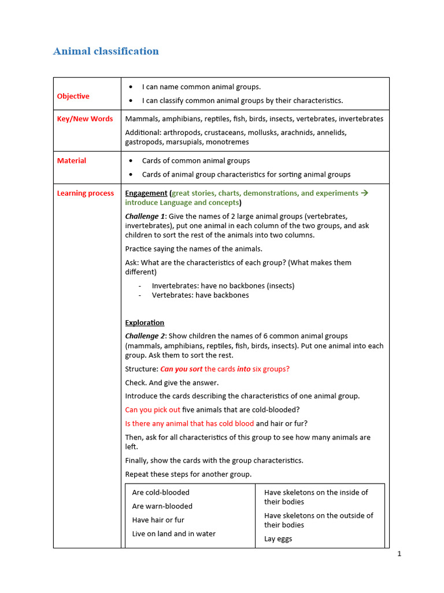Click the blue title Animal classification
coord(106,52)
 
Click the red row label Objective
coord(73,96)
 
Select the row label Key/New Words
coord(85,119)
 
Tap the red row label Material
coord(71,161)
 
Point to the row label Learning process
coord(86,193)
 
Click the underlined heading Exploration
coord(145,323)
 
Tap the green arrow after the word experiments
coord(364,193)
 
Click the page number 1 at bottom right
coord(399,554)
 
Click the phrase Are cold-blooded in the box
coord(161,493)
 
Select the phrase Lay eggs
coord(278,539)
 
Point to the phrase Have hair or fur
coord(158,520)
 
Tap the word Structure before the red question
coord(141,369)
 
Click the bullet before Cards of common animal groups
coord(131,161)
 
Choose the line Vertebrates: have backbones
coord(200,295)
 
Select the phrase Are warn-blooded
coord(162,506)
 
